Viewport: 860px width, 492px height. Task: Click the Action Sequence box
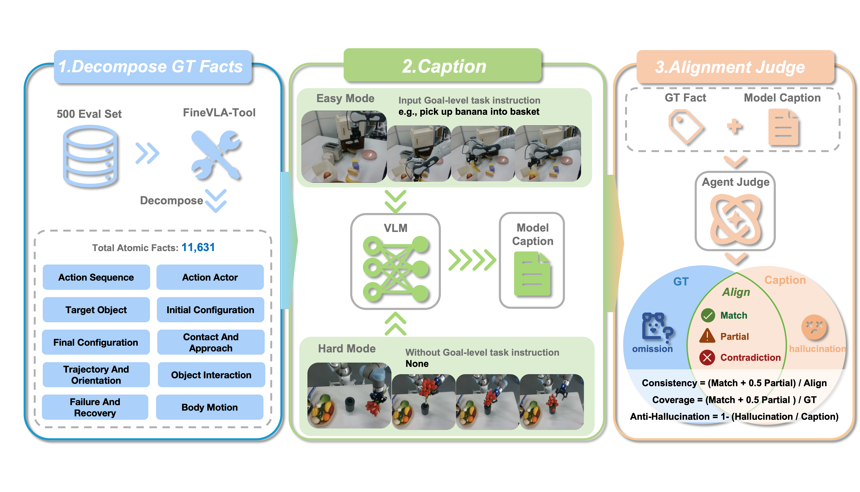coord(96,277)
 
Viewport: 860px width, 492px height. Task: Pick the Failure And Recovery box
coord(95,407)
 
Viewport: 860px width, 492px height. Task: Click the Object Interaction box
coord(211,375)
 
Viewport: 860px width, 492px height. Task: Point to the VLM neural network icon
coord(396,269)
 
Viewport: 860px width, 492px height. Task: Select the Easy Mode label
coord(345,98)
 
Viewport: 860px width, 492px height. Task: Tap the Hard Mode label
coord(347,348)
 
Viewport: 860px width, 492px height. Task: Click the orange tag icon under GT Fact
coord(686,127)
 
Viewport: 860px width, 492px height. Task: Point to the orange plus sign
coord(734,126)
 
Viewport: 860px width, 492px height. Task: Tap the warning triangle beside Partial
coord(707,336)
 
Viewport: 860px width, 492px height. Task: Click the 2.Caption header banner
coord(443,65)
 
